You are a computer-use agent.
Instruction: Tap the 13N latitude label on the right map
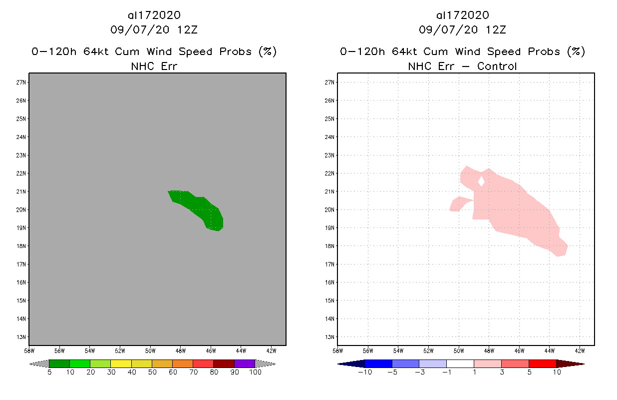[329, 337]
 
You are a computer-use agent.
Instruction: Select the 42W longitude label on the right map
[580, 350]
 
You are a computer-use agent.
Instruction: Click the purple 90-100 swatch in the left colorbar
[245, 363]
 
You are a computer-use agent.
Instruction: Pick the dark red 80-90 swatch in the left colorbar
[224, 363]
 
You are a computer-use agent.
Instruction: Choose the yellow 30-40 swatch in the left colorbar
[121, 363]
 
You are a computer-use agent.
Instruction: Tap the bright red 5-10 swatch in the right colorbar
[542, 363]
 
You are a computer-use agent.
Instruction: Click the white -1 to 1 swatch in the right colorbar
[460, 363]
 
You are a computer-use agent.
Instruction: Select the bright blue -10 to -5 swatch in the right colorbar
[378, 363]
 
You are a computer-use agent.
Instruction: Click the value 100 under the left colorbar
[255, 372]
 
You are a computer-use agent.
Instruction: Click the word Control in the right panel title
[497, 66]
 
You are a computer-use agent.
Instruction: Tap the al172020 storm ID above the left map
[154, 15]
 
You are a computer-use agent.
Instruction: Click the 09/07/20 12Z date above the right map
[462, 29]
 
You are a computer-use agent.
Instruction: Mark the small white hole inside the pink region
[481, 180]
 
